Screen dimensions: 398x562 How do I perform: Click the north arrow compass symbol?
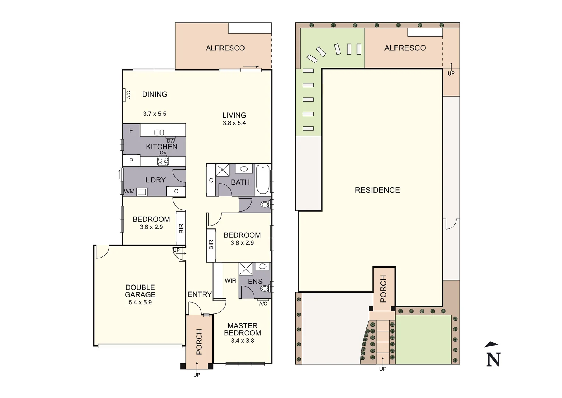tap(493, 355)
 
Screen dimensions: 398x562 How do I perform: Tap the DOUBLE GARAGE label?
tap(140, 291)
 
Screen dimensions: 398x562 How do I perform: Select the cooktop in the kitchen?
tap(163, 161)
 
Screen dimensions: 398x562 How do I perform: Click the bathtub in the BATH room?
tap(263, 179)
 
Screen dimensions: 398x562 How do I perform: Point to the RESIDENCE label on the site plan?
tap(377, 190)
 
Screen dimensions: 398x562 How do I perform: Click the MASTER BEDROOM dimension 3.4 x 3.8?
tap(242, 341)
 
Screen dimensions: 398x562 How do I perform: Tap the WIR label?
tap(231, 281)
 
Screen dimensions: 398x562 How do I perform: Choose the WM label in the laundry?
tap(129, 191)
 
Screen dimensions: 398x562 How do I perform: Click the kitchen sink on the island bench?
tap(159, 132)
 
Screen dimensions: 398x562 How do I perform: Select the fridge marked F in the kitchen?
tap(131, 131)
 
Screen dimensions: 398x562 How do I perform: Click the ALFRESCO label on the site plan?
tap(405, 48)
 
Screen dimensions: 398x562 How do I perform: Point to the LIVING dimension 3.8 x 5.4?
tap(234, 123)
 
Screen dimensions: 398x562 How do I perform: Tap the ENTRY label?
tap(200, 294)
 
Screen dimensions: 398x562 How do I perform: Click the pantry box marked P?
tap(131, 161)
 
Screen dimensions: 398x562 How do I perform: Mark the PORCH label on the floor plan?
tap(199, 342)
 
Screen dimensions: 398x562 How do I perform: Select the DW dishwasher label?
tap(171, 141)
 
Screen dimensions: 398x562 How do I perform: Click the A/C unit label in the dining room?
tap(129, 95)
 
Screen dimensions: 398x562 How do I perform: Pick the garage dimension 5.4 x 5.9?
tap(140, 303)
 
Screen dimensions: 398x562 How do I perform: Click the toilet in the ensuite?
tap(264, 288)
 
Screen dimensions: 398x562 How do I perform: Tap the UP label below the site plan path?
tap(383, 369)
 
